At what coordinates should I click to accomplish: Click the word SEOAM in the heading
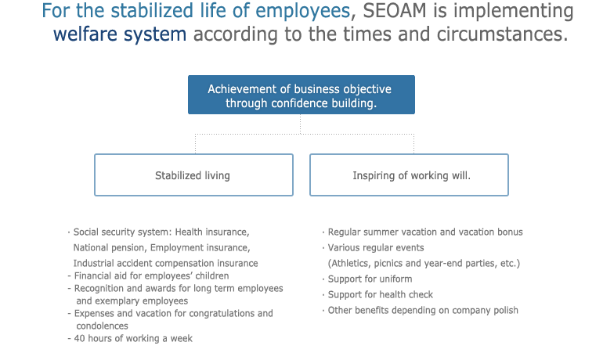[395, 10]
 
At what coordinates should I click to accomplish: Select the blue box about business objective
[301, 95]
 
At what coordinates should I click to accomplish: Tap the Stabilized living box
[194, 175]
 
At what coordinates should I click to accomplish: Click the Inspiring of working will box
[409, 175]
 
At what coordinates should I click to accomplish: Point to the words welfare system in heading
[120, 34]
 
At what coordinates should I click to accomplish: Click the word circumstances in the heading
[502, 34]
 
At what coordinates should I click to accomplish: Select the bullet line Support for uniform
[367, 279]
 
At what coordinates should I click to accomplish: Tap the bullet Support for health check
[377, 295]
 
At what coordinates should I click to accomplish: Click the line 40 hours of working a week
[130, 339]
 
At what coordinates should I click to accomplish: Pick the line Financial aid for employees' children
[148, 275]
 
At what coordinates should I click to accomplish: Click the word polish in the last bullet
[504, 311]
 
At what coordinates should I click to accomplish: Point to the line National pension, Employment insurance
[161, 248]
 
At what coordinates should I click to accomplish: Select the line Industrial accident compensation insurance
[165, 264]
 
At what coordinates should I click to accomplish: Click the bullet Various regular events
[373, 248]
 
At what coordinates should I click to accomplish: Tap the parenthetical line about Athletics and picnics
[424, 264]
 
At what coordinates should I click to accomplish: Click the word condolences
[102, 326]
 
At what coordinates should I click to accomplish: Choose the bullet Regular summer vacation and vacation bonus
[423, 232]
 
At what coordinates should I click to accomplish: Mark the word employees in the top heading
[302, 11]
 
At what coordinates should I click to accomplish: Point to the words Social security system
[121, 232]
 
